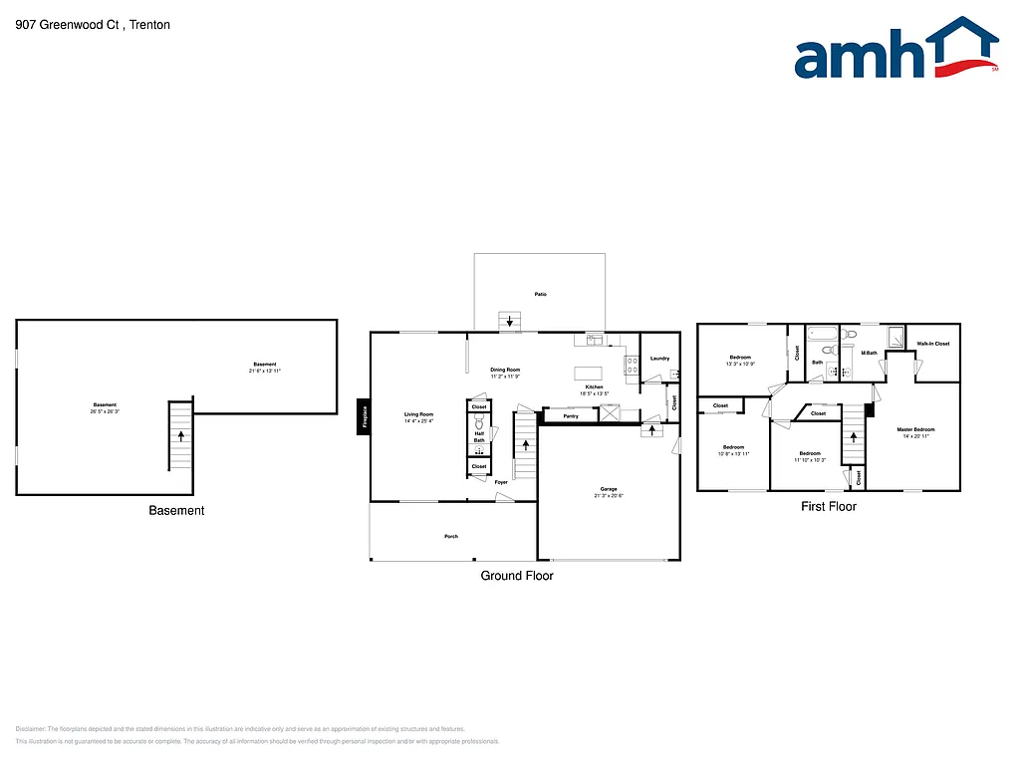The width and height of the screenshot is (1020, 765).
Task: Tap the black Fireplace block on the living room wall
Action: coord(365,415)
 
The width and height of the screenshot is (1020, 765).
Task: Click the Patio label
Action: coord(540,294)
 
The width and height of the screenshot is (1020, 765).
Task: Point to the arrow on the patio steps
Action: coord(511,321)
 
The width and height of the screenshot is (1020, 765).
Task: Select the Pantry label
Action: coord(571,416)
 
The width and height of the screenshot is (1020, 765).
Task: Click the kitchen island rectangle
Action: coord(589,374)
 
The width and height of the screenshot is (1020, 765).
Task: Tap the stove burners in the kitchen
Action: coord(631,366)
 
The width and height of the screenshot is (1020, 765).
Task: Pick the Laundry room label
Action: coord(659,359)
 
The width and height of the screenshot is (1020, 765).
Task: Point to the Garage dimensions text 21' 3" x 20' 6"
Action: coord(609,495)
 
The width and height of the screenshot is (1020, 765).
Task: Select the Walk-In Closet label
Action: coord(933,344)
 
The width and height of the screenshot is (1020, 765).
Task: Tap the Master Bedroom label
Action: coord(915,429)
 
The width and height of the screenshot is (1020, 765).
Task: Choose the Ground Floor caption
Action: coord(517,576)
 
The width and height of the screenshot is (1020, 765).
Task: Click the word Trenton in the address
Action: coord(150,25)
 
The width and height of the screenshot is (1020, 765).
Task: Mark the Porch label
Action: coord(451,537)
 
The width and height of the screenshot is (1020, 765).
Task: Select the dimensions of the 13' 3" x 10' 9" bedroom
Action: coord(740,364)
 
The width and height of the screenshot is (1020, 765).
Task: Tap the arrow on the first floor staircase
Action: coord(854,437)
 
